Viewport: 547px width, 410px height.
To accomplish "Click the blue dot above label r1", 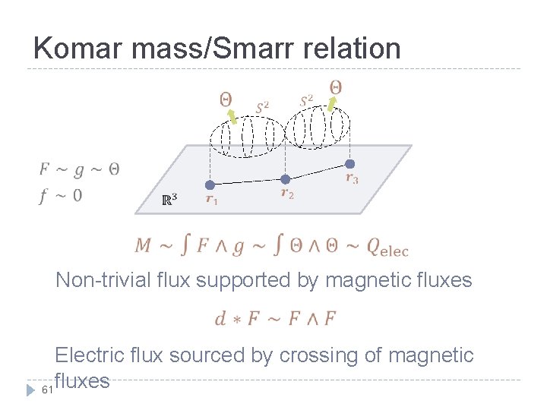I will (x=210, y=184).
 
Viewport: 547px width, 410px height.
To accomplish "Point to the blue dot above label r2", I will (x=285, y=179).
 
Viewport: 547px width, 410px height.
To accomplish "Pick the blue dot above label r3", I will (x=350, y=163).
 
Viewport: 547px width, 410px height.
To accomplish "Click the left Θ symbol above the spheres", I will (x=226, y=99).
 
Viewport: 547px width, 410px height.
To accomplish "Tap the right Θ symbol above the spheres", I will (x=335, y=87).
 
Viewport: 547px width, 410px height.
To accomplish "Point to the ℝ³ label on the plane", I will (x=170, y=200).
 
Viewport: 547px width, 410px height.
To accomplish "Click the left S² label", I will (x=261, y=106).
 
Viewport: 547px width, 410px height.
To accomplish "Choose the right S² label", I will (x=306, y=99).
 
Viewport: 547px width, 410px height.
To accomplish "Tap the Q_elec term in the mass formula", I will (x=387, y=246).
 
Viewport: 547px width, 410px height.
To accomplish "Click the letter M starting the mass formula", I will (x=143, y=245).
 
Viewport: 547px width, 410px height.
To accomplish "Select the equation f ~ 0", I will (x=61, y=195).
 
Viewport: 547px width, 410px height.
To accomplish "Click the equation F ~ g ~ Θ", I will (x=79, y=169).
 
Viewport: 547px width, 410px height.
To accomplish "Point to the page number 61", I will (x=47, y=390).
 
